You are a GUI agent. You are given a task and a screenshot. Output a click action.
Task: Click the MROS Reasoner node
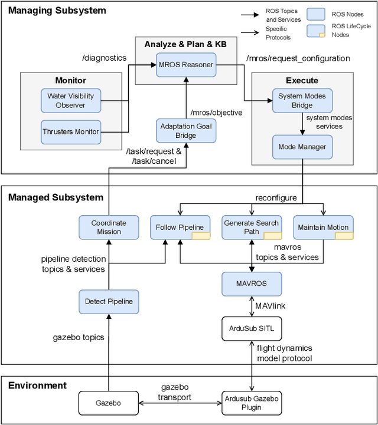coord(185,64)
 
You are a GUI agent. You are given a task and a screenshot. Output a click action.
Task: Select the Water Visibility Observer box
coord(70,100)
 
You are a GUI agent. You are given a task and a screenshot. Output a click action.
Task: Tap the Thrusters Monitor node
coord(70,131)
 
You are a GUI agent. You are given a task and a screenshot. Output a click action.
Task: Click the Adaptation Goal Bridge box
coord(185,130)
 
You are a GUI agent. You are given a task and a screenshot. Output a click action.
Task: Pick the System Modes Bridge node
coord(302,101)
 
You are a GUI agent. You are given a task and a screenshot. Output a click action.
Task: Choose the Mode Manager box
coord(302,146)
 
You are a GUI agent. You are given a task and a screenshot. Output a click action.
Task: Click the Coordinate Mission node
coord(109,227)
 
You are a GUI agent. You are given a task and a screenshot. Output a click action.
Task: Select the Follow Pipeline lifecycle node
coord(180,227)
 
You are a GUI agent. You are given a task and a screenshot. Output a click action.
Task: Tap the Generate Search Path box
coord(251,227)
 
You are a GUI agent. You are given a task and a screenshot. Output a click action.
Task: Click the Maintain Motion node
coord(323,227)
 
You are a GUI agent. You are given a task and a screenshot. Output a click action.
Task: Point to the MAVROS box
coord(252,284)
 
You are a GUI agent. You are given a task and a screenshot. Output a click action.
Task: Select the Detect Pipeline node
coord(109,301)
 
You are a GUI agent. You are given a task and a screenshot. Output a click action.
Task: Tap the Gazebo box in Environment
coord(109,403)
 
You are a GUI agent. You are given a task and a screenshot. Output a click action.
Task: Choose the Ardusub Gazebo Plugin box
coord(252,403)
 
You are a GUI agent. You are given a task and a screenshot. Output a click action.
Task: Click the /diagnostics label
coord(105,58)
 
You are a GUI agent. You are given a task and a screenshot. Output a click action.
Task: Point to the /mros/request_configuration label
coord(298,58)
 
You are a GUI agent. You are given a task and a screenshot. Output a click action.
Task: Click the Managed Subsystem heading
coord(56,197)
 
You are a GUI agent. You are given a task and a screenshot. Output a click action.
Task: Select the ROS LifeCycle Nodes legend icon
coord(318,31)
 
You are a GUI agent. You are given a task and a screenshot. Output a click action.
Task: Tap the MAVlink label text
coord(271,305)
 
